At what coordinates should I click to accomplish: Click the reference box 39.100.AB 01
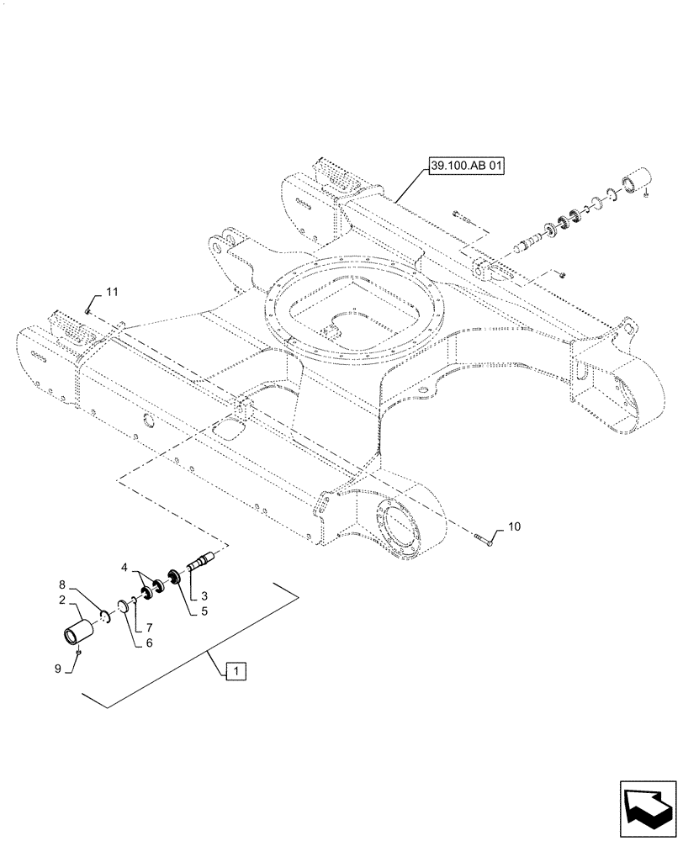466,167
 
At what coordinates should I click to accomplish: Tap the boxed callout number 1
236,671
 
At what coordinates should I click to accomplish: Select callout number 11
112,292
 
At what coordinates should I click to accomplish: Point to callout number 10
514,527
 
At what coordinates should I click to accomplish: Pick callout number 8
61,584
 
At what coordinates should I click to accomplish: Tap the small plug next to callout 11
87,310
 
